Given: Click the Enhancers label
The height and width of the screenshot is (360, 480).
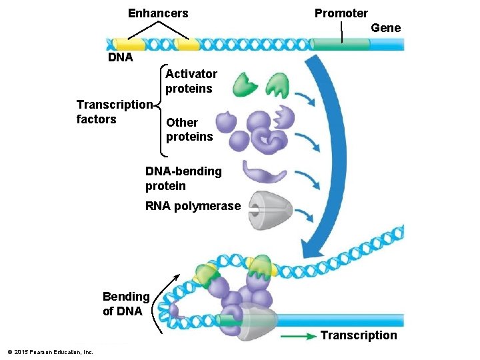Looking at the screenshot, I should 158,13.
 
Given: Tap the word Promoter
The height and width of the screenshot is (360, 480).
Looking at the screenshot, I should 341,13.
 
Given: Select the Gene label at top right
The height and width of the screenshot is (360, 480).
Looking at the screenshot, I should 385,28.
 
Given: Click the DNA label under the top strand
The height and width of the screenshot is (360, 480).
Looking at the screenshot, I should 121,57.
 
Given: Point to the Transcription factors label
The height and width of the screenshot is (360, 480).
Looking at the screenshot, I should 114,112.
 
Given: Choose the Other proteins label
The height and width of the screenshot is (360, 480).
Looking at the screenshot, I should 189,129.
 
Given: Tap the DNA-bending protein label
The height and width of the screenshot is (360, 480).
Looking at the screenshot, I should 183,178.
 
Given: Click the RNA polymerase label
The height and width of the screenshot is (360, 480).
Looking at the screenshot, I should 192,206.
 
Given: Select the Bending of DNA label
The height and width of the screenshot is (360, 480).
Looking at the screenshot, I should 125,303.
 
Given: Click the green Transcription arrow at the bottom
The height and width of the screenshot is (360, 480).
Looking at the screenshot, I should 297,336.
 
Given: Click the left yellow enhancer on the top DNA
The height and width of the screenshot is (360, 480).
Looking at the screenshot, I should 129,45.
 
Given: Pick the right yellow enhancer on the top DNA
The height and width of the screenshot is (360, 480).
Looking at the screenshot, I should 187,45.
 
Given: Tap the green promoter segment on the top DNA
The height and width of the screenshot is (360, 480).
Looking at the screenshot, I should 341,45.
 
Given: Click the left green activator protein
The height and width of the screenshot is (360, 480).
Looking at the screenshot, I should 245,85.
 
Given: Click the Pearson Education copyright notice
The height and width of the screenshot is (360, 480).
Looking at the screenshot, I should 50,352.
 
